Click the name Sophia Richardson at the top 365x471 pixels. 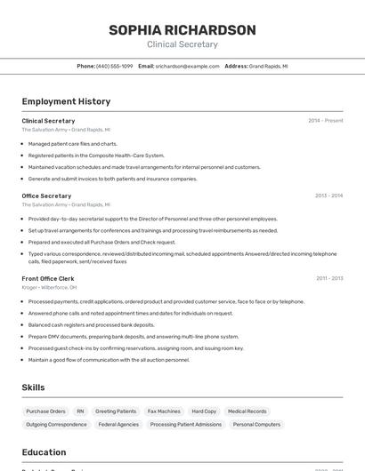[182, 30]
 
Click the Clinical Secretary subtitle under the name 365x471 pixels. [182, 44]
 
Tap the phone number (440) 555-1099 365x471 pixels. [114, 66]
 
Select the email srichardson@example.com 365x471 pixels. [187, 66]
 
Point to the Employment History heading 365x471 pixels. [66, 101]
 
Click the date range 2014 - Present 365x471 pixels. [325, 121]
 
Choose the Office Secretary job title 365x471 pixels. [46, 196]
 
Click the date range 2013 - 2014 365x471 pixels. [328, 196]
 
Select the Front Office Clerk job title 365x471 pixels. [48, 278]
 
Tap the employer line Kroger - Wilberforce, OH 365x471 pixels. [49, 288]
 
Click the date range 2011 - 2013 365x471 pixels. [328, 278]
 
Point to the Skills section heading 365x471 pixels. [33, 387]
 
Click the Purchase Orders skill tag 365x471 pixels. [45, 411]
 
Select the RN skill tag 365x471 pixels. [80, 411]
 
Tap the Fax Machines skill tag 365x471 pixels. [164, 411]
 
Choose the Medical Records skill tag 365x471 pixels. [247, 411]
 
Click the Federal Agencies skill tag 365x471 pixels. [118, 425]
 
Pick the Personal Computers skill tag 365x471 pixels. [256, 425]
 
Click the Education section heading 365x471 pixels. [44, 452]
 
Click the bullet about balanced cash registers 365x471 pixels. [91, 325]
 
